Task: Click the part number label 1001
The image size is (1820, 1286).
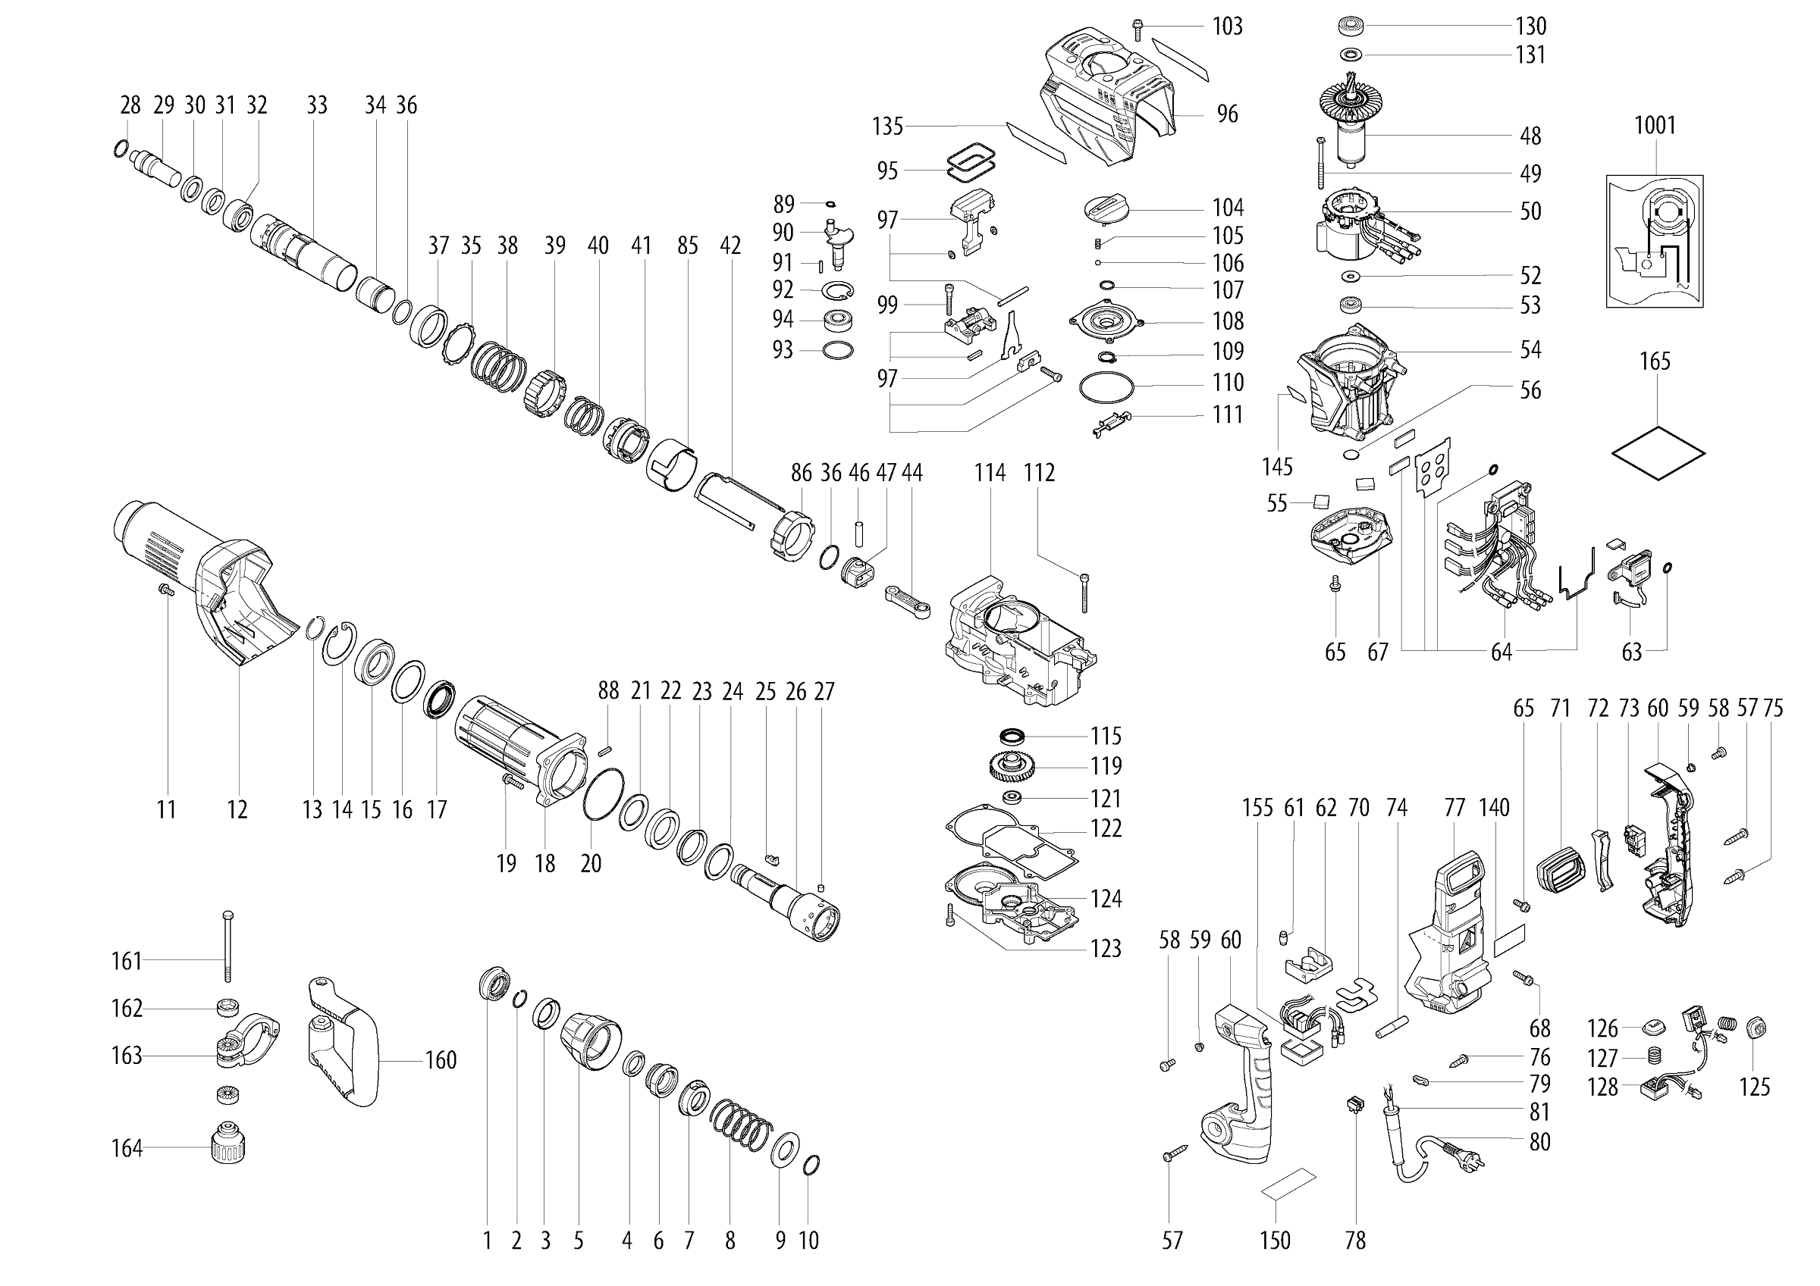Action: [1655, 125]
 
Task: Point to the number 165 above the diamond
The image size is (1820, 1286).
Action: [1655, 361]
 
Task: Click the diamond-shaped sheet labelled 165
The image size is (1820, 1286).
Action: [1658, 453]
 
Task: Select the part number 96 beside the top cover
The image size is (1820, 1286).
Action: [1227, 114]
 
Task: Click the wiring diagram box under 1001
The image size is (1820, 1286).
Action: [1655, 242]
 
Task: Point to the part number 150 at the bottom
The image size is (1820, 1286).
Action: [1275, 1240]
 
